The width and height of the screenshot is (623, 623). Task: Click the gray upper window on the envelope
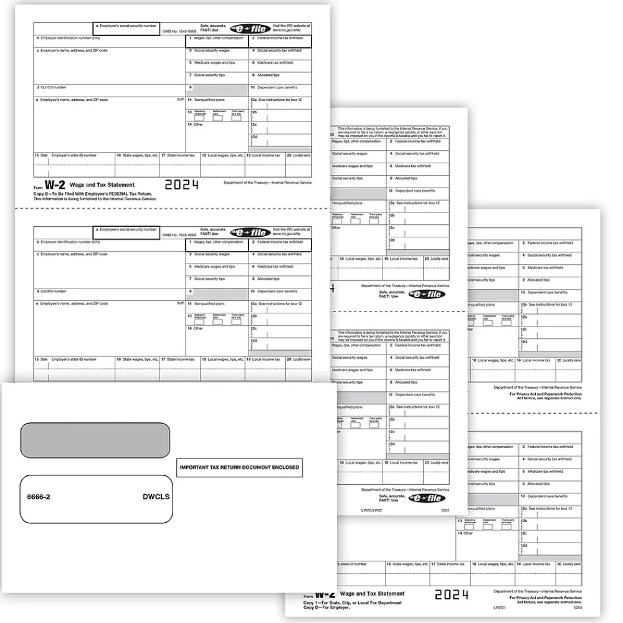[x=95, y=440]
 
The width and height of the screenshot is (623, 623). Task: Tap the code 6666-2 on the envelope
[x=39, y=497]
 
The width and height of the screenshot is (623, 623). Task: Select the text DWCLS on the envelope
[x=155, y=497]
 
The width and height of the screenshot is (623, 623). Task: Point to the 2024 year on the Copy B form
[x=182, y=184]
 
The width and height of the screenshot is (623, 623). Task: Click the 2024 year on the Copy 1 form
[x=452, y=594]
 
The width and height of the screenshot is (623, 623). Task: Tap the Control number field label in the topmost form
[x=52, y=87]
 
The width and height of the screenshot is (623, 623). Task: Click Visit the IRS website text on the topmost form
[x=292, y=27]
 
